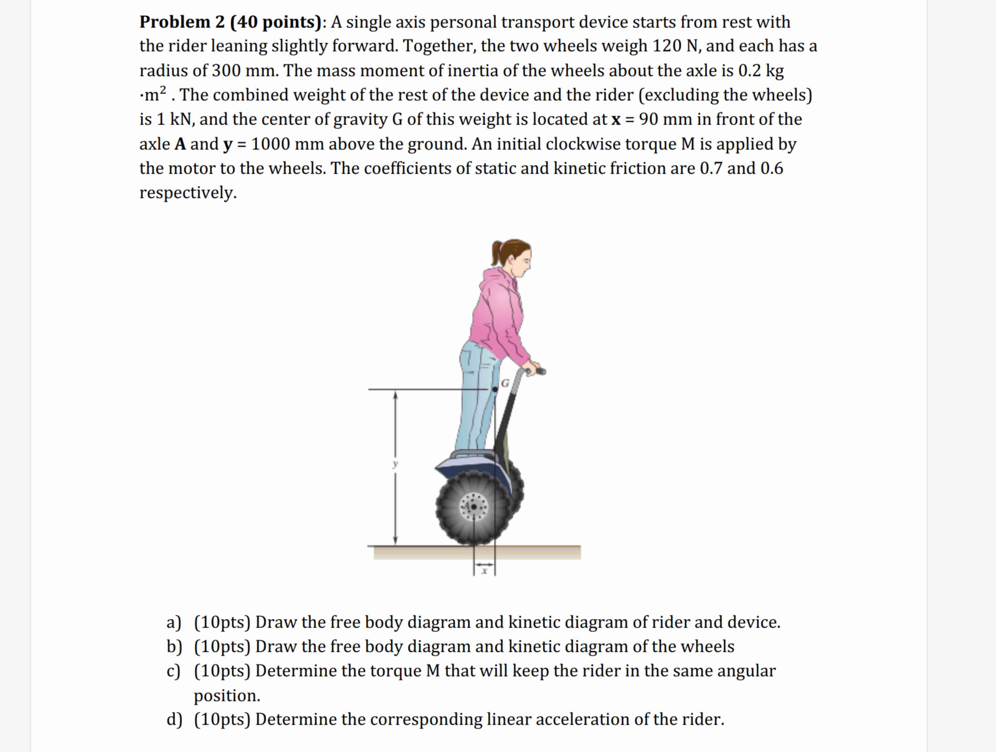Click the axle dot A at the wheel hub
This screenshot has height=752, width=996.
click(474, 507)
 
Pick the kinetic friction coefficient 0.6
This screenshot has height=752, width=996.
click(772, 168)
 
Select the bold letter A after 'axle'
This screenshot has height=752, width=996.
click(180, 144)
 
